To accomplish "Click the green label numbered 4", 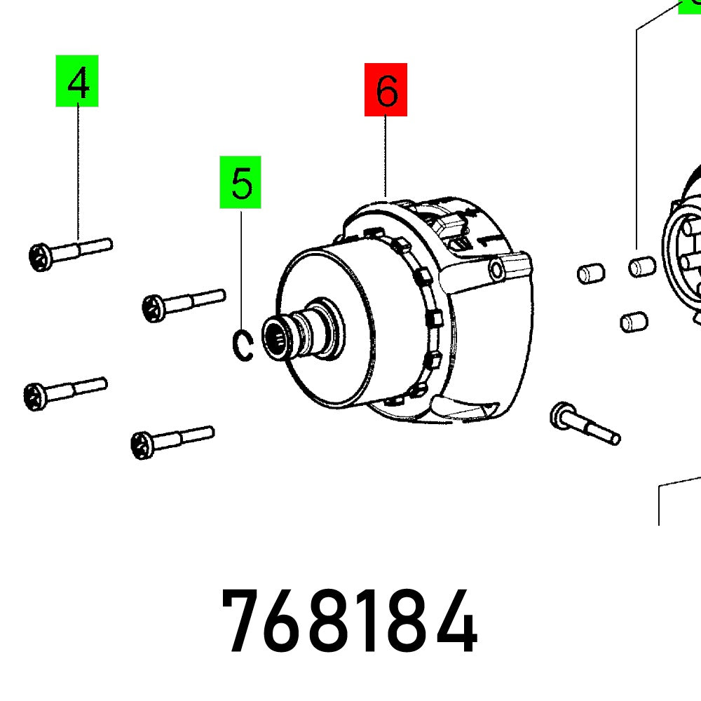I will coord(77,81).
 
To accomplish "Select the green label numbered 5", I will coord(240,182).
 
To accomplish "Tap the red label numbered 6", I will coord(386,90).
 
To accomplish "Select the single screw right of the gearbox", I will coord(585,424).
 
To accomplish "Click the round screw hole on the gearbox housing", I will coord(498,269).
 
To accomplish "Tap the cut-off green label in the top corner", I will coord(690,6).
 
